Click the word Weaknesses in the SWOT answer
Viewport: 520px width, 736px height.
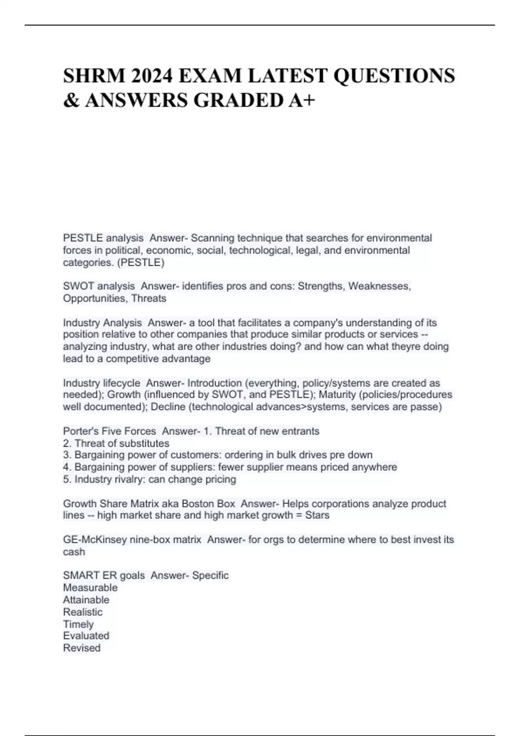point(379,286)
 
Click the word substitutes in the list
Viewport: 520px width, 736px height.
point(144,443)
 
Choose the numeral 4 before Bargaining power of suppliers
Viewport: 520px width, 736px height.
point(66,467)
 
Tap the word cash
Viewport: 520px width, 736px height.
point(74,552)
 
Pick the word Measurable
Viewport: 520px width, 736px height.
point(90,588)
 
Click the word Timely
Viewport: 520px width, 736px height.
point(78,624)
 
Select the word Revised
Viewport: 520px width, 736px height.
point(81,648)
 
